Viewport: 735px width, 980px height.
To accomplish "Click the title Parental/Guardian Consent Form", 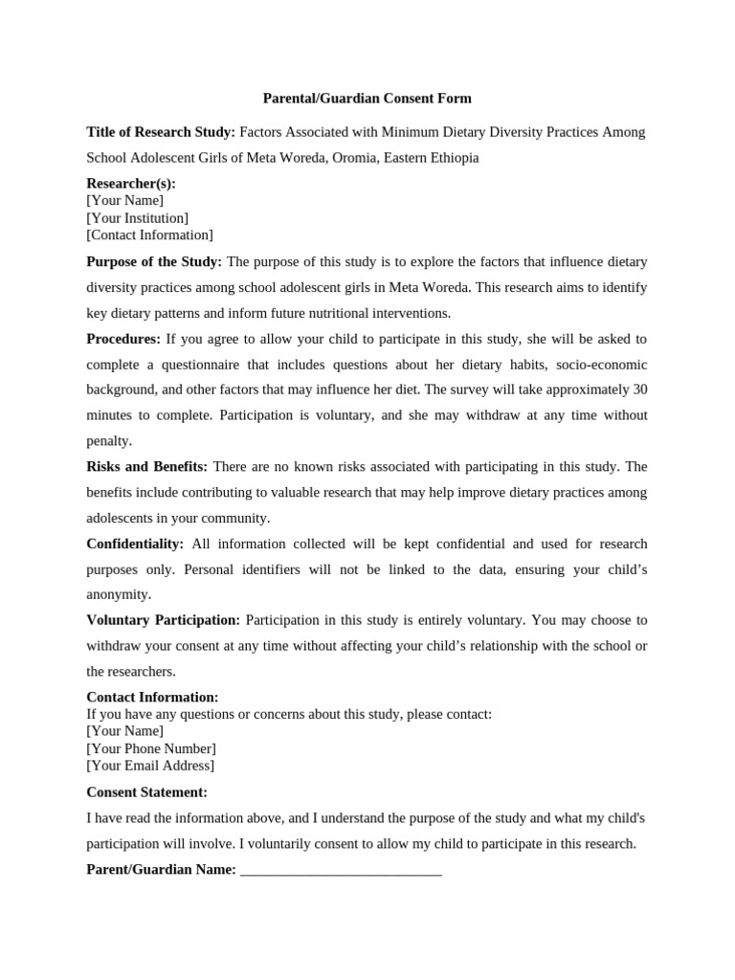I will tap(367, 99).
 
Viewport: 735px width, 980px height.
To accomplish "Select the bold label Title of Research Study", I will tap(161, 132).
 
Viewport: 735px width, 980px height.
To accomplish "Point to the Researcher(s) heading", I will tap(131, 184).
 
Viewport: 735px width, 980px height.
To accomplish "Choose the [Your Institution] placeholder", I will tap(137, 218).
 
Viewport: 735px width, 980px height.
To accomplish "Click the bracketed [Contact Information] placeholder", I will tap(149, 235).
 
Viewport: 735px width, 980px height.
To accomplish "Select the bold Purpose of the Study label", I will tap(154, 262).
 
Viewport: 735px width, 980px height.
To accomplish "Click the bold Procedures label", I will tap(123, 339).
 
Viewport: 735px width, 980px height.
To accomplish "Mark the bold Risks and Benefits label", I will tap(146, 467).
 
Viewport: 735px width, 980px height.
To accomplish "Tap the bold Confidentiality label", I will tap(135, 544).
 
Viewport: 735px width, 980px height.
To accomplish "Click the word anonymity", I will tap(119, 594).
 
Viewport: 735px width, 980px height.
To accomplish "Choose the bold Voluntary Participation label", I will tap(164, 620).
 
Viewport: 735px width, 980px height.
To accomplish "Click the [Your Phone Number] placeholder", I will tap(151, 748).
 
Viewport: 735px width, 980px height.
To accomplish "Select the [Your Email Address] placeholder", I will tap(150, 766).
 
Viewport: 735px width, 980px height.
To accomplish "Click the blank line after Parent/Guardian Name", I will tap(341, 870).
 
